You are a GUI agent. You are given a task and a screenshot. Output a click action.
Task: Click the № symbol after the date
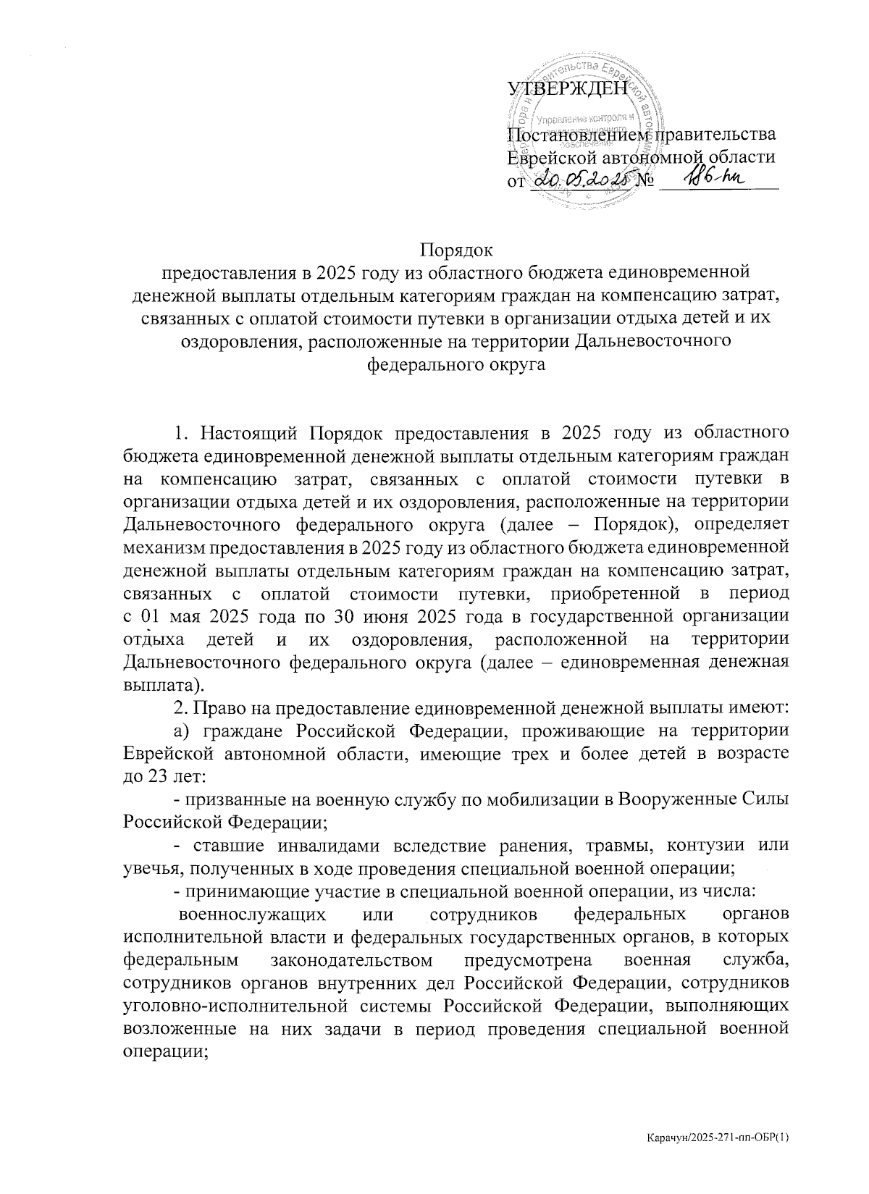[x=645, y=180]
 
